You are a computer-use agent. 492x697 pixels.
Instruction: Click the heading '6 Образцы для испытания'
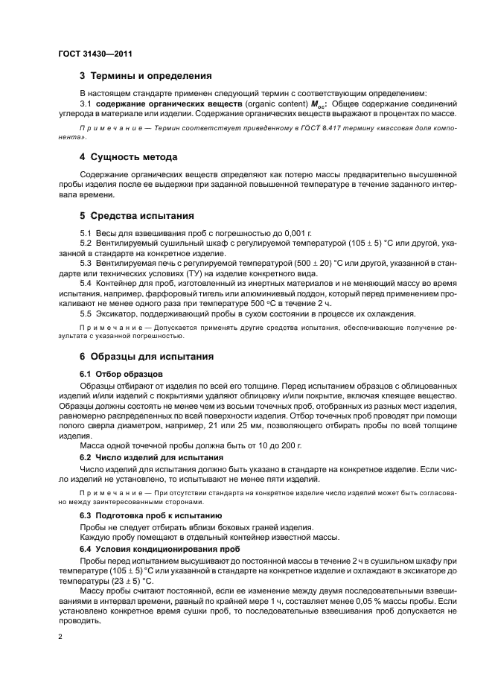147,357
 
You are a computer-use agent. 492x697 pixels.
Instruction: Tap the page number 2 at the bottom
60,638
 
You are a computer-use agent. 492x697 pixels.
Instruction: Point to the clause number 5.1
86,234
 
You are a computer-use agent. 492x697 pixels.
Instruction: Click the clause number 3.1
85,104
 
